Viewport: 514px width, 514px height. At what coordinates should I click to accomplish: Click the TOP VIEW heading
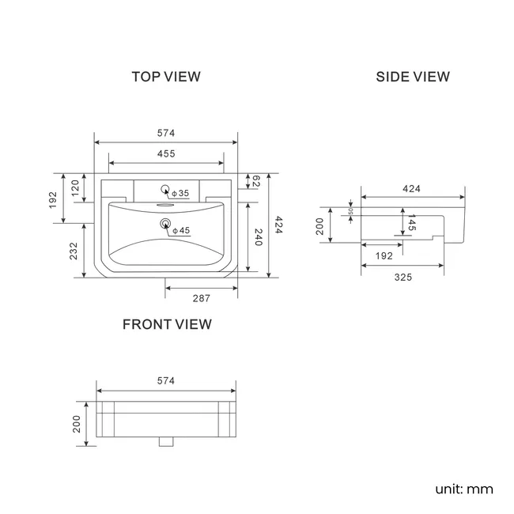tap(166, 77)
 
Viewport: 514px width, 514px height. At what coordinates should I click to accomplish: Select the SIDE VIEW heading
tap(412, 77)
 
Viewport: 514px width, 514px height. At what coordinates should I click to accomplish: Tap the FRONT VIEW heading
tap(166, 323)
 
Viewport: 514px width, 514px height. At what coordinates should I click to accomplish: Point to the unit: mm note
tap(463, 489)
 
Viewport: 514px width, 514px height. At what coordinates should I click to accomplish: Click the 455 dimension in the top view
tap(165, 153)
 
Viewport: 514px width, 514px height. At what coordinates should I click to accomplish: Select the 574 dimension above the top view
tap(165, 133)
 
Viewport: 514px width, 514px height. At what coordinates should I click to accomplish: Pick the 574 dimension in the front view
tap(165, 380)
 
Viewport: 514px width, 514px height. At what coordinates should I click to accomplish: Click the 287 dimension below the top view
tap(201, 298)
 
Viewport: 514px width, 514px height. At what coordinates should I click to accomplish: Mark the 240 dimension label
tap(256, 237)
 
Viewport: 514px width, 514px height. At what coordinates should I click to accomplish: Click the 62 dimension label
tap(256, 182)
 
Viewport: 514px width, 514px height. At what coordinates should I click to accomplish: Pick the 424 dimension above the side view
tap(412, 188)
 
